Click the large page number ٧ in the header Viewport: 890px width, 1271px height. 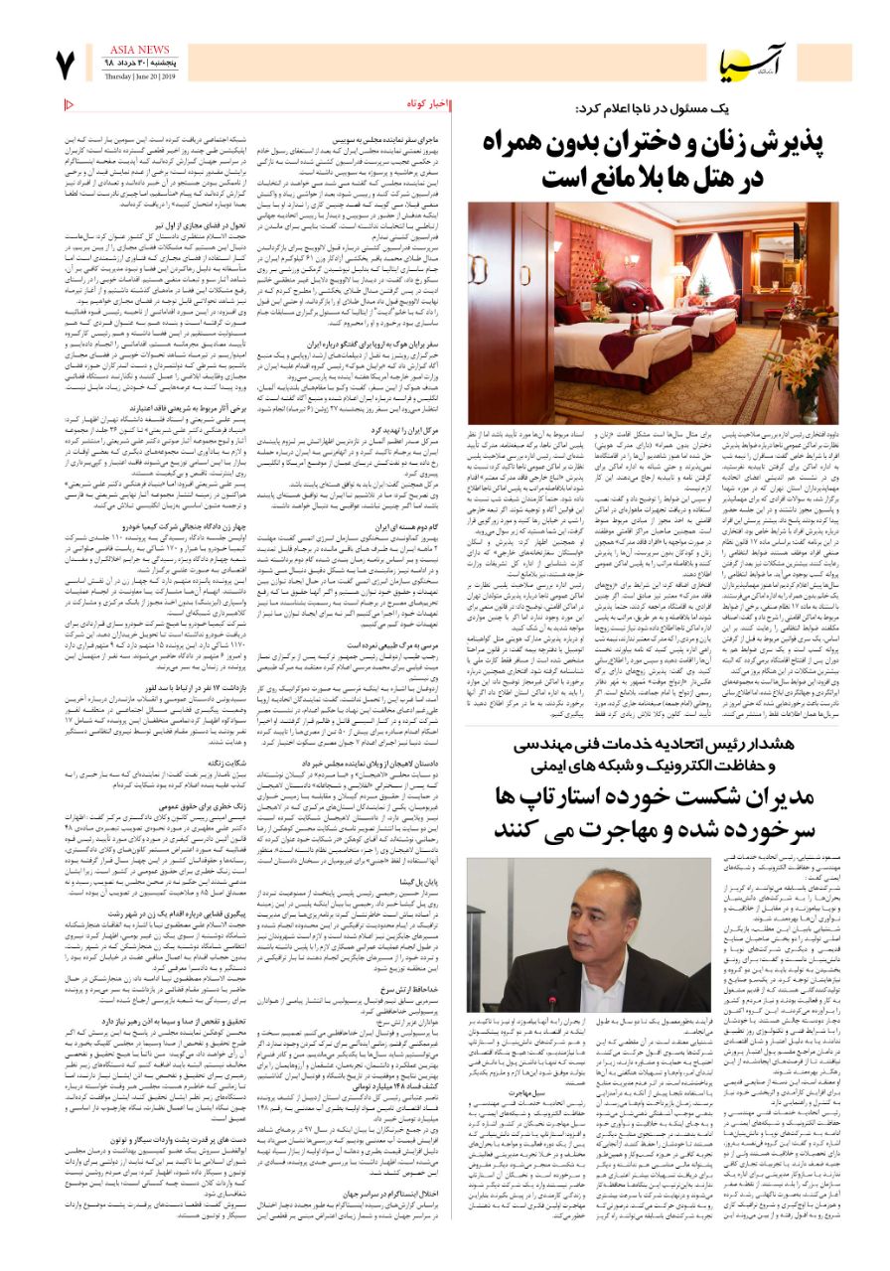(66, 66)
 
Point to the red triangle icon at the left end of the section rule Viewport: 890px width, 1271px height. (69, 104)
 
